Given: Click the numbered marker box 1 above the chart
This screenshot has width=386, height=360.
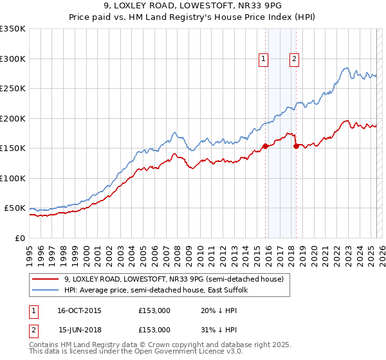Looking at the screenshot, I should pos(264,59).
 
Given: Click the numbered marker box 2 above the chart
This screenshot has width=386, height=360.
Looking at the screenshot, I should pos(294,59).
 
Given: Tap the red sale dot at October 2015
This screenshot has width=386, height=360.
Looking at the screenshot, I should pos(265,147).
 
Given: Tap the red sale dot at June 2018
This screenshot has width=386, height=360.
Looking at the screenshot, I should pos(295,147).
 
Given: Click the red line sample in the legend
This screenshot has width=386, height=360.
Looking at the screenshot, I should pos(46,279).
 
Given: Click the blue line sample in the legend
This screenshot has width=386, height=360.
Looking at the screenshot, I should pos(46,290).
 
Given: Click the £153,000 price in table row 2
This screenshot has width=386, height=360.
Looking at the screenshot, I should pos(154,329).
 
